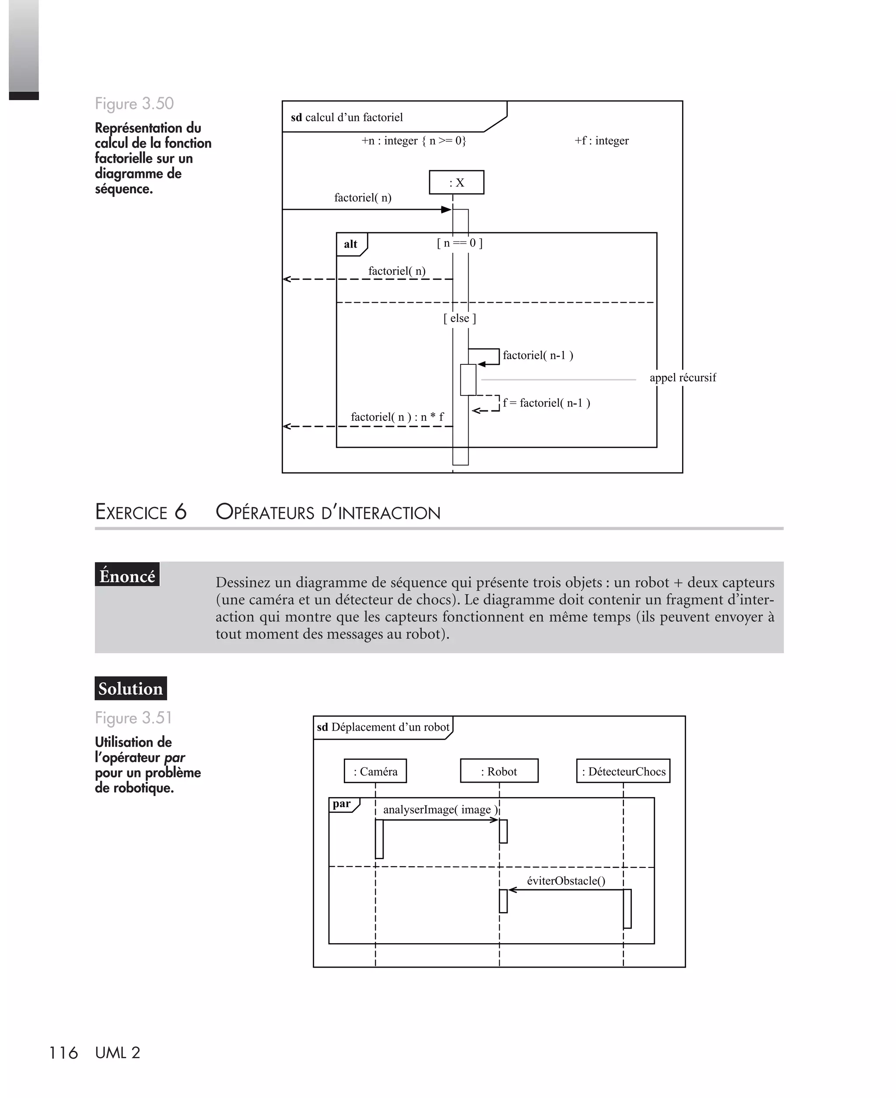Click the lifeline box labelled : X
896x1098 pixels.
pyautogui.click(x=456, y=182)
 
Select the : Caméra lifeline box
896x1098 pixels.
pyautogui.click(x=375, y=771)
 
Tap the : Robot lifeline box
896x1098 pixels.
pyautogui.click(x=499, y=771)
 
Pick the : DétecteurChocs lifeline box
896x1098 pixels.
pyautogui.click(x=623, y=771)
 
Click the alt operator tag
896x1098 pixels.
pyautogui.click(x=351, y=244)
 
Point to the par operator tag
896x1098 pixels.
pyautogui.click(x=342, y=804)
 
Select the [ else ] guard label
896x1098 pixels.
pyautogui.click(x=459, y=318)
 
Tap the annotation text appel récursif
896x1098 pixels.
pyautogui.click(x=682, y=378)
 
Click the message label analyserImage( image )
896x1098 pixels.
pyautogui.click(x=440, y=810)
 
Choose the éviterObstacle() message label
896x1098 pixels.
pyautogui.click(x=566, y=881)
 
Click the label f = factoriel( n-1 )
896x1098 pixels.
pyautogui.click(x=546, y=403)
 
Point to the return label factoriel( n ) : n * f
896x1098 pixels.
pyautogui.click(x=397, y=417)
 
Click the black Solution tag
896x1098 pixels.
pyautogui.click(x=130, y=688)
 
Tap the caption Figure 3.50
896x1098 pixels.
pyautogui.click(x=134, y=104)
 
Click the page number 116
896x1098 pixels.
pyautogui.click(x=63, y=1053)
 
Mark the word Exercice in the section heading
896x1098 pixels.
pyautogui.click(x=131, y=512)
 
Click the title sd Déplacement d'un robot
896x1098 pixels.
pyautogui.click(x=383, y=727)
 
